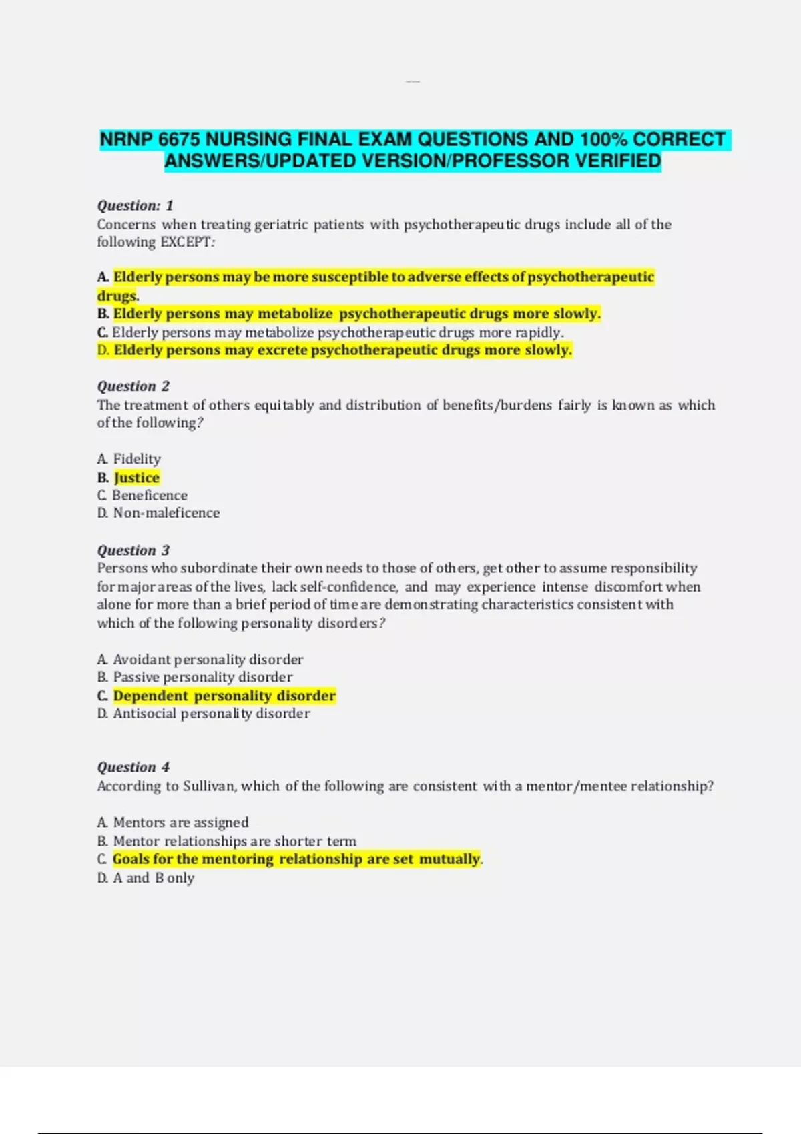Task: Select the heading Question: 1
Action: click(x=135, y=205)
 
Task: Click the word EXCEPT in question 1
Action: click(x=185, y=242)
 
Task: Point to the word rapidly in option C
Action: click(x=538, y=332)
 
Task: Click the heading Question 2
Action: click(x=133, y=386)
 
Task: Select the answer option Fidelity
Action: click(x=137, y=459)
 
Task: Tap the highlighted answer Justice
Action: click(x=137, y=478)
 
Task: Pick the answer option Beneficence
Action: click(x=150, y=496)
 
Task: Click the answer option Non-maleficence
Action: click(x=166, y=513)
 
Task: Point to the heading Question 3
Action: click(x=133, y=550)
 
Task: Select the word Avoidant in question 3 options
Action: click(x=142, y=660)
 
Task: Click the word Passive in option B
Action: click(x=136, y=677)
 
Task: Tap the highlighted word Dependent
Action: click(x=151, y=696)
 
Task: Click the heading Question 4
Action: click(x=133, y=767)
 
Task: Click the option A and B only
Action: click(x=154, y=878)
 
